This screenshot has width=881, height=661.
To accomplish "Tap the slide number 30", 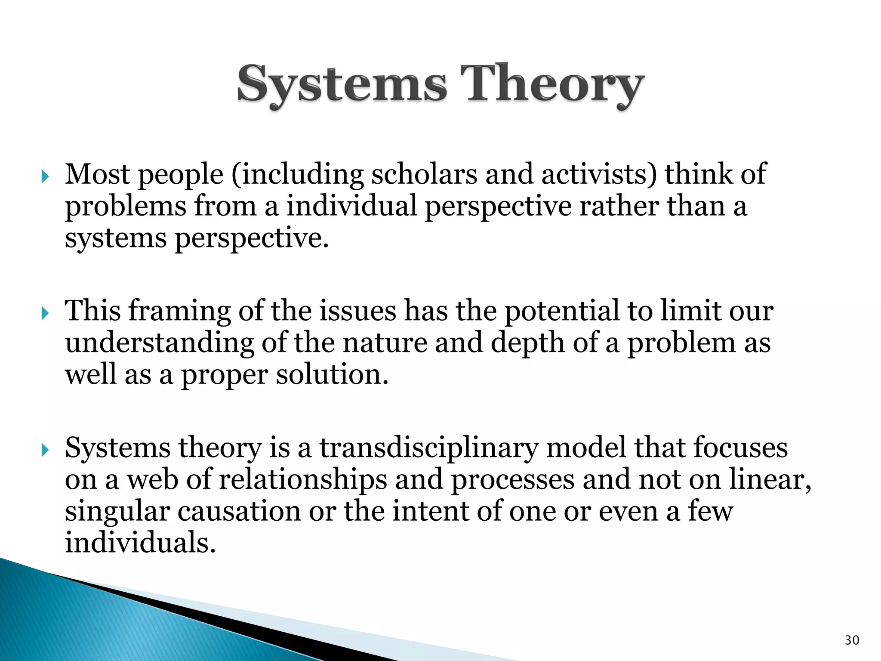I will [x=852, y=640].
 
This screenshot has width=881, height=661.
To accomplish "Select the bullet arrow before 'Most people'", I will [x=45, y=176].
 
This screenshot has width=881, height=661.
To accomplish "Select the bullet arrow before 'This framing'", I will [x=45, y=313].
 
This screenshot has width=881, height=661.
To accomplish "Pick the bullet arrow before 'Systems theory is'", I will [x=45, y=450].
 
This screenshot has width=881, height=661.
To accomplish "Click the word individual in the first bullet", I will [x=351, y=207].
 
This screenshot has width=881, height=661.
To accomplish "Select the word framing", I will [x=179, y=312].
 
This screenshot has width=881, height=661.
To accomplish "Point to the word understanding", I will [x=160, y=343].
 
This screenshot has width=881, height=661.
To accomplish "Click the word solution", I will [x=332, y=375].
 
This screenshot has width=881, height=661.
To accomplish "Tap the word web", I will [x=152, y=480].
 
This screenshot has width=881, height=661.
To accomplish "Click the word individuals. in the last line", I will [x=140, y=543].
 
